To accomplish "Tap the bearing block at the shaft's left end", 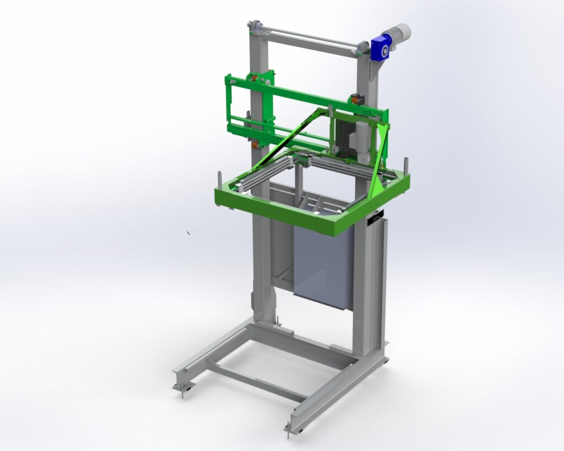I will (x=255, y=26).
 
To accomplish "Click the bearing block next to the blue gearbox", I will (x=361, y=48).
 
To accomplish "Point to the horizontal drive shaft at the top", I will (x=308, y=37).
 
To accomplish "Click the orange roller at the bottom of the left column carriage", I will (x=255, y=144).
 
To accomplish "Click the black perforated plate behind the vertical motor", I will (x=345, y=135).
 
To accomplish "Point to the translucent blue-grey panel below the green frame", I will (x=322, y=264).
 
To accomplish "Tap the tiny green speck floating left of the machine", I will (x=188, y=233).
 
